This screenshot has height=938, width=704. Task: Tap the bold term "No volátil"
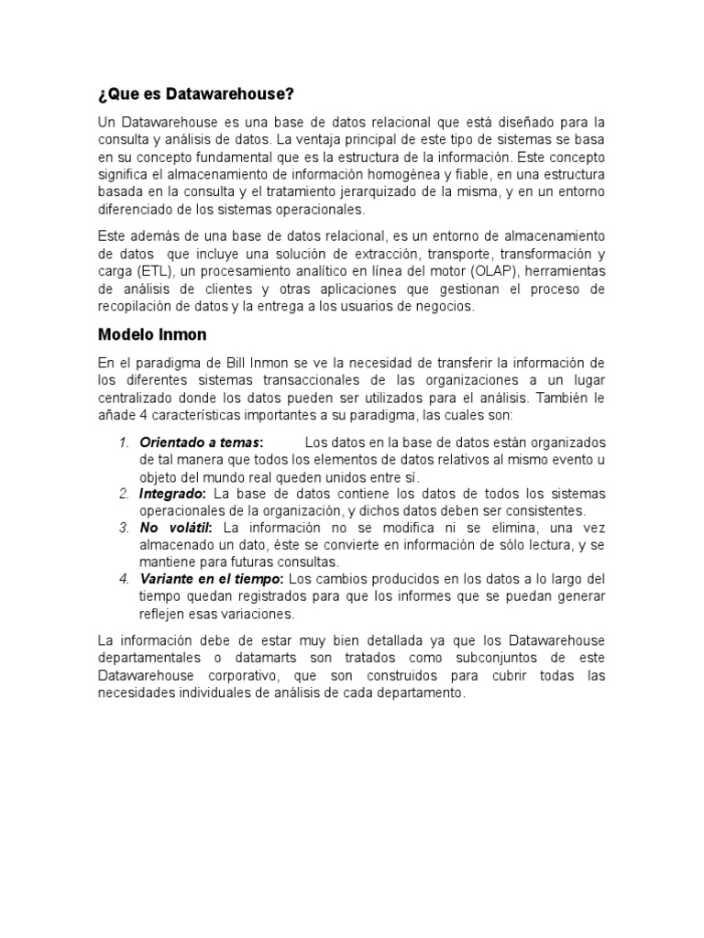tap(176, 529)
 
